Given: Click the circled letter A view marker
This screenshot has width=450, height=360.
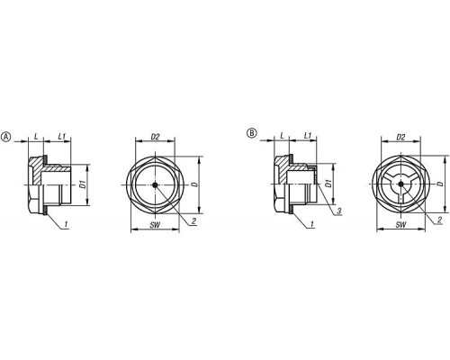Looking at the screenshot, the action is (x=6, y=137).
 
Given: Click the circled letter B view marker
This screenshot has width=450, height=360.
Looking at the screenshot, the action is (x=252, y=132).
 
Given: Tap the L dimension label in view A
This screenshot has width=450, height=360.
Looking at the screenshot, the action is (x=36, y=137).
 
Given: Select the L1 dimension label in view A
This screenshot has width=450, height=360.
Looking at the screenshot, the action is (x=62, y=137).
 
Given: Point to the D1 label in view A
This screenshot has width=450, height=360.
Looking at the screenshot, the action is (x=84, y=184).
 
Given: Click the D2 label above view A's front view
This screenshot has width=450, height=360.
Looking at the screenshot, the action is (x=155, y=137).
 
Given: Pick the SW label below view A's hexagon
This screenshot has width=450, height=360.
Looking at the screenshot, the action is (x=155, y=225).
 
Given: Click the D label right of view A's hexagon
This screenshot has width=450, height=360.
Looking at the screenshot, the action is (x=195, y=184).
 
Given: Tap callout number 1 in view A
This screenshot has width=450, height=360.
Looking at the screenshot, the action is (x=66, y=223).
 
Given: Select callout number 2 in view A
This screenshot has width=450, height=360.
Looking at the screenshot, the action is (x=193, y=221).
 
